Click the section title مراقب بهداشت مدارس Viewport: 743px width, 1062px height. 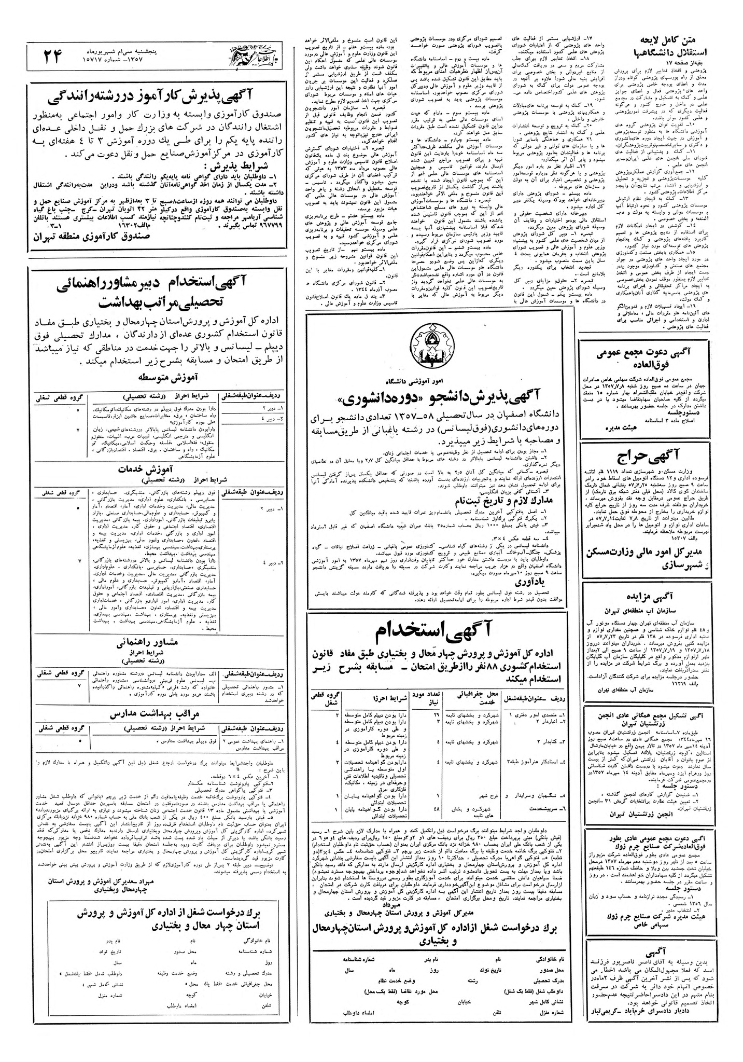pos(159,714)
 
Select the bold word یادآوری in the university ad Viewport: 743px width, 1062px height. pos(434,582)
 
